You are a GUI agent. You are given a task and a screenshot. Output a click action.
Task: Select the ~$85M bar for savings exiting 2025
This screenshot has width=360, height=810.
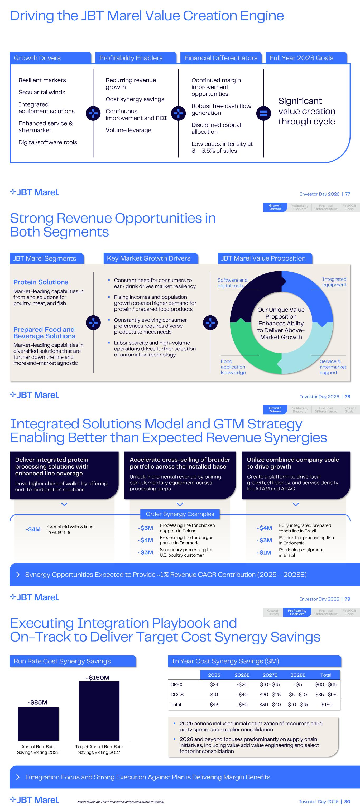click(x=38, y=724)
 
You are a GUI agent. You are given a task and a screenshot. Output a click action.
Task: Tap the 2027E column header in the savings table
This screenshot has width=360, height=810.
click(x=270, y=675)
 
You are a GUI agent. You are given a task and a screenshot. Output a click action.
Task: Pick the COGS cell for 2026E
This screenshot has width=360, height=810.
click(x=242, y=694)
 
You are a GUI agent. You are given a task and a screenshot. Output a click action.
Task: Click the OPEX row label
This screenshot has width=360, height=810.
click(x=176, y=684)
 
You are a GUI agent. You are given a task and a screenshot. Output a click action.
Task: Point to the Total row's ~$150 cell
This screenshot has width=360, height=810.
click(x=326, y=704)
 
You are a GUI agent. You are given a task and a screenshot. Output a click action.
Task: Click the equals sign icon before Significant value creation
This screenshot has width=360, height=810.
click(x=263, y=113)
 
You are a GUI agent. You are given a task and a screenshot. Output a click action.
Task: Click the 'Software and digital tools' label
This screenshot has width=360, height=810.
click(x=232, y=283)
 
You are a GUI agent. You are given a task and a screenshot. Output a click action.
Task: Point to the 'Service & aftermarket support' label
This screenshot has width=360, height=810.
click(x=333, y=367)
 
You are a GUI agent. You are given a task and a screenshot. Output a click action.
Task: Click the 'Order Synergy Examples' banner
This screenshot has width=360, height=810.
click(x=180, y=514)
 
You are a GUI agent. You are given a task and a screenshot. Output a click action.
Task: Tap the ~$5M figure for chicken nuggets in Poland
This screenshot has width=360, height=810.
click(x=145, y=528)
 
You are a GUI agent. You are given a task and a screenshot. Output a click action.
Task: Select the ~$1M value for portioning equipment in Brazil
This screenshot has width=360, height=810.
click(x=264, y=552)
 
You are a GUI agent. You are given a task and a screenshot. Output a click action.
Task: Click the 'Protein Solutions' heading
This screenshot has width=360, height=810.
click(x=41, y=282)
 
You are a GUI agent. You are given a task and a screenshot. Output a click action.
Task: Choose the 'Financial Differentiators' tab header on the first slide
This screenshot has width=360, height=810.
click(x=221, y=58)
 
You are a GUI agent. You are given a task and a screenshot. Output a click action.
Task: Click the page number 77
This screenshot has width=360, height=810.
click(x=347, y=194)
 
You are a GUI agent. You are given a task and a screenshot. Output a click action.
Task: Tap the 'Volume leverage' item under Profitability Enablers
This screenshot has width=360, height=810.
click(x=128, y=130)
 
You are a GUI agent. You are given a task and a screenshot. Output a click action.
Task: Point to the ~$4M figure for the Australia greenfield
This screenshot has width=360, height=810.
click(x=33, y=529)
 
